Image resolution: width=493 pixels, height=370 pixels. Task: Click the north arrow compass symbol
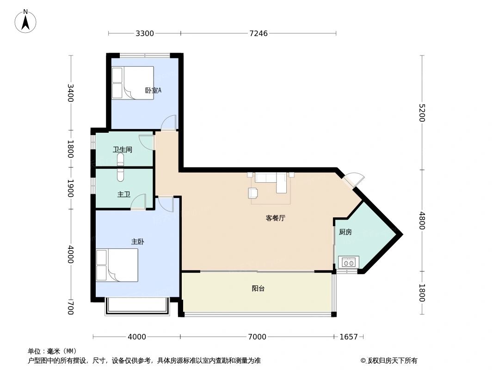(26, 21)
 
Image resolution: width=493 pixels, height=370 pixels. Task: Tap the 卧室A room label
(153, 91)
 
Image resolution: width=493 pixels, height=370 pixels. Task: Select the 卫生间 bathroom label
(123, 150)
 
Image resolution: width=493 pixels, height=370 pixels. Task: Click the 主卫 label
(123, 195)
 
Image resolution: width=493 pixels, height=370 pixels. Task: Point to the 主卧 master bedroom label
(138, 242)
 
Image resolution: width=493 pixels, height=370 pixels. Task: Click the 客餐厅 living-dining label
(275, 218)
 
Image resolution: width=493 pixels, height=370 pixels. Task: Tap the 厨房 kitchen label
(345, 232)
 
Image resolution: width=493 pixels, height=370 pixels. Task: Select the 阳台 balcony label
(258, 289)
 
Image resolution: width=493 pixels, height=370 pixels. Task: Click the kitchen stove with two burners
(348, 262)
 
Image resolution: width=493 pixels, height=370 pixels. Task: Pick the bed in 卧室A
(133, 83)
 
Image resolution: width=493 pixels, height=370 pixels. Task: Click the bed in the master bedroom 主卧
(117, 265)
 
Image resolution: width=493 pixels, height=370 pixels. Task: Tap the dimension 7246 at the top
(259, 33)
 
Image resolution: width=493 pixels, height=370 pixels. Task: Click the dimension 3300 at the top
(145, 33)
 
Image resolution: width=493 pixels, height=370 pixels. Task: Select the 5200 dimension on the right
(422, 112)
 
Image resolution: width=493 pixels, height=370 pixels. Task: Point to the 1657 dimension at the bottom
(349, 337)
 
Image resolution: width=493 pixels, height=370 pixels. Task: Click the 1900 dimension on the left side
(71, 188)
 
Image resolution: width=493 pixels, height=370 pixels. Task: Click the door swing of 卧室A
(169, 122)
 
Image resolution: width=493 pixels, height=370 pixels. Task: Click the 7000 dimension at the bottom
(257, 337)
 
